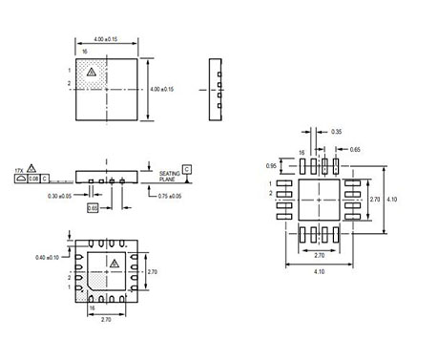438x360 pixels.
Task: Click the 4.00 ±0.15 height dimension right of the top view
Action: [162, 89]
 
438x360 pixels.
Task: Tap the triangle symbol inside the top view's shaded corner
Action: [91, 72]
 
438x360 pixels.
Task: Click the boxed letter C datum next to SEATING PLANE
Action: [186, 168]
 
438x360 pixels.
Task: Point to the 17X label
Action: [19, 167]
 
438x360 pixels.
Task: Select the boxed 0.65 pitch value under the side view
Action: [93, 206]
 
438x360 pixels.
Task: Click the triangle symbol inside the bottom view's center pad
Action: [114, 262]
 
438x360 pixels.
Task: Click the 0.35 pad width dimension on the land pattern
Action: [336, 132]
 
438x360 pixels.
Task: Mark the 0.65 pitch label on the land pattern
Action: [355, 150]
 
